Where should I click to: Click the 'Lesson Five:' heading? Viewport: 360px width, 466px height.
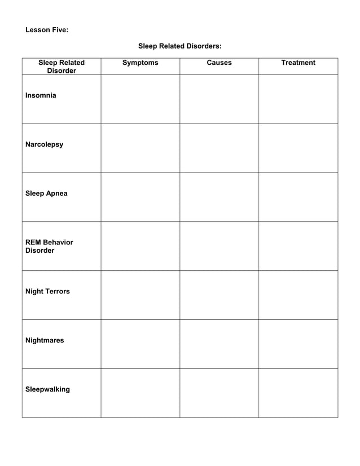click(47, 30)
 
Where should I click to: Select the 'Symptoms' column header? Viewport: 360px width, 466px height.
click(141, 63)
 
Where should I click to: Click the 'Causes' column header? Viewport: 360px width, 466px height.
click(219, 63)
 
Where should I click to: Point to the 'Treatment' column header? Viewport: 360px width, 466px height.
click(298, 63)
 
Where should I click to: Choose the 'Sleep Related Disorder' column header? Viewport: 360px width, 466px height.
click(62, 67)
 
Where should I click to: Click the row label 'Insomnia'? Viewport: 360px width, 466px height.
click(41, 95)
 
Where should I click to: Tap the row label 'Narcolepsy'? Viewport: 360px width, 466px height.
click(45, 144)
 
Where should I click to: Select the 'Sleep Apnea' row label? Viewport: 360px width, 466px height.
click(46, 194)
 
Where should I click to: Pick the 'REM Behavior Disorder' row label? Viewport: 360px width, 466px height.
click(49, 246)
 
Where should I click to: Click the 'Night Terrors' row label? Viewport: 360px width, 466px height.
click(48, 291)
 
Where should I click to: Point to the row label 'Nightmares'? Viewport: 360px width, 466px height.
click(45, 340)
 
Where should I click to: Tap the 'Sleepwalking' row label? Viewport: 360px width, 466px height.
click(48, 389)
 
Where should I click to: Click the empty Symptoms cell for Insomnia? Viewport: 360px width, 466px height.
click(141, 99)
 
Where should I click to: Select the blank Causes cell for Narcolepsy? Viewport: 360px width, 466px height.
click(219, 148)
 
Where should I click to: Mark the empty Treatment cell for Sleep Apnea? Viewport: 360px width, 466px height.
click(298, 197)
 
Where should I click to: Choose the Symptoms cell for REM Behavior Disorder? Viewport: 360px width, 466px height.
click(141, 246)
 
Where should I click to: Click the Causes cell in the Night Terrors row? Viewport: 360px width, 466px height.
click(219, 295)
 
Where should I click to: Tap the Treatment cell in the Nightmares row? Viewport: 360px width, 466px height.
click(298, 344)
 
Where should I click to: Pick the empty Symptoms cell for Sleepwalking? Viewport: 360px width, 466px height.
click(141, 393)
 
